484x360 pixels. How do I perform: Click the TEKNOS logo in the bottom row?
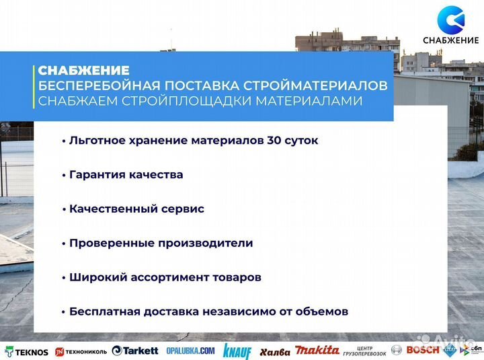coord(26,351)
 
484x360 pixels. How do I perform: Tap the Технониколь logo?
coord(80,351)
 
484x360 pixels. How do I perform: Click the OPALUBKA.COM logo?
coord(190,351)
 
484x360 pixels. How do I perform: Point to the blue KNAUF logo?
coord(237,351)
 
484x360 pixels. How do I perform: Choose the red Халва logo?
coord(275,351)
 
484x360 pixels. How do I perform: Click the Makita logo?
coord(317,351)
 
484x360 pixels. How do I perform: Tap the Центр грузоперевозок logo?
coord(364,351)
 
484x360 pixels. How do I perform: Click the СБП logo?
coord(468,350)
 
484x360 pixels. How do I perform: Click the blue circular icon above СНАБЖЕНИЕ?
coord(450,20)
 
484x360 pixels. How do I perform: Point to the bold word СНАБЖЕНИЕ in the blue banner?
coord(83,71)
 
